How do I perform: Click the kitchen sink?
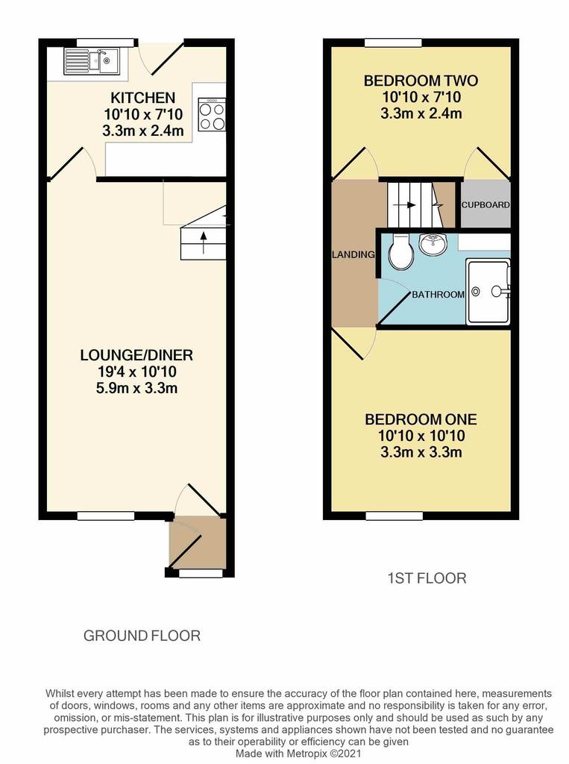[92, 61]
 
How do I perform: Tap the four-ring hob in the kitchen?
[212, 114]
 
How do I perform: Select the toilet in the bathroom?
[401, 252]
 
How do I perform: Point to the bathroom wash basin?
[433, 244]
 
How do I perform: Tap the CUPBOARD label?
[485, 205]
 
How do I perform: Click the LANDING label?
[353, 254]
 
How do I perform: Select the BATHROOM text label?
[438, 294]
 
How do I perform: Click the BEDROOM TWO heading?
[421, 81]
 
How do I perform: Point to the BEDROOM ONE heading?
[421, 419]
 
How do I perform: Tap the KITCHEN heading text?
[142, 98]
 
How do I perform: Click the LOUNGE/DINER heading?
[136, 354]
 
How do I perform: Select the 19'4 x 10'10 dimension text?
[137, 372]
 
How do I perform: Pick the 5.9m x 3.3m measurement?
[137, 388]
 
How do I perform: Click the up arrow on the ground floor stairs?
[204, 242]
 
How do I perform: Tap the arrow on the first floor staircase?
[404, 205]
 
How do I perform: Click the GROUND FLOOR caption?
[142, 636]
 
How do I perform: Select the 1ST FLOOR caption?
[427, 578]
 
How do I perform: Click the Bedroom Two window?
[394, 43]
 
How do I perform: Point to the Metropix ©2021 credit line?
[298, 754]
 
